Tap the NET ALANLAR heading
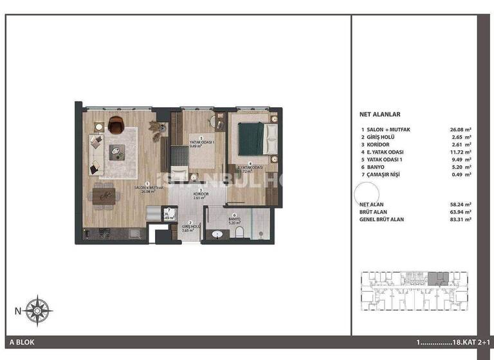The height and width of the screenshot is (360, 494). point(380,114)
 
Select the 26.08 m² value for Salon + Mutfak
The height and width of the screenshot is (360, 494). point(461,129)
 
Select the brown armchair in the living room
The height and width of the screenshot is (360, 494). point(116,123)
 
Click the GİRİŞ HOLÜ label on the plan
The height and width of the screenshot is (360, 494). point(186,226)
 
